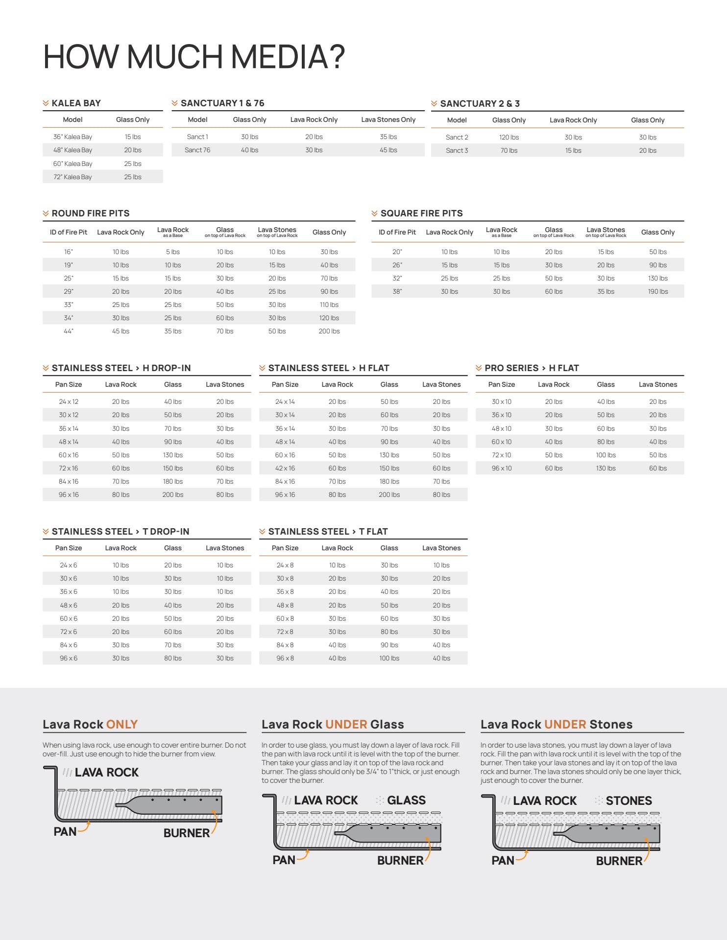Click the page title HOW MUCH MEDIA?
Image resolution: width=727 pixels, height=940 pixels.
pyautogui.click(x=194, y=57)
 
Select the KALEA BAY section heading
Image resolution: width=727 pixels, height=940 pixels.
pyautogui.click(x=76, y=103)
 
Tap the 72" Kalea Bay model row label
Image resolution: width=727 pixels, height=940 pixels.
pyautogui.click(x=73, y=177)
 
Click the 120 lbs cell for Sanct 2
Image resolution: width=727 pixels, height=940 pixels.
pyautogui.click(x=509, y=137)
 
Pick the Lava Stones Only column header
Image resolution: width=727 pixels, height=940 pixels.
pyautogui.click(x=388, y=119)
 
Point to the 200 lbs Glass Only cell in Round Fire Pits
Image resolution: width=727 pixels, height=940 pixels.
pyautogui.click(x=329, y=331)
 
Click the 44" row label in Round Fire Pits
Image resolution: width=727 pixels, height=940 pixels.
pyautogui.click(x=69, y=331)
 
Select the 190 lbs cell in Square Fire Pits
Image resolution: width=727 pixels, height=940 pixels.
pyautogui.click(x=657, y=291)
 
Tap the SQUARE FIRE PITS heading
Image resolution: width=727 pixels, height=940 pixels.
pyautogui.click(x=421, y=213)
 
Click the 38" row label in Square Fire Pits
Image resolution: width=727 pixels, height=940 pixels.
pyautogui.click(x=397, y=291)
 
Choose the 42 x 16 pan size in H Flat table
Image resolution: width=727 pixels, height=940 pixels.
pyautogui.click(x=285, y=468)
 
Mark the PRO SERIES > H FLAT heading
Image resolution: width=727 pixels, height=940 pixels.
pyautogui.click(x=532, y=368)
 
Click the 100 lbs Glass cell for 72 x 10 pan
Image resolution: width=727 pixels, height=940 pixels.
pyautogui.click(x=606, y=455)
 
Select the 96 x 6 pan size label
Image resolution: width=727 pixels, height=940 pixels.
pyautogui.click(x=69, y=658)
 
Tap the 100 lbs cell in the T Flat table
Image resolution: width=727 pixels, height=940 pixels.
pyautogui.click(x=389, y=658)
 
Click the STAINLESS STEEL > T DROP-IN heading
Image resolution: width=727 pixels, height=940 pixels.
pyautogui.click(x=120, y=532)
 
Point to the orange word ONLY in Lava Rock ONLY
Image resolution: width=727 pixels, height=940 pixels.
pyautogui.click(x=122, y=724)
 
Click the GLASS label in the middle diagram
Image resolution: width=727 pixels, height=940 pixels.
pyautogui.click(x=406, y=800)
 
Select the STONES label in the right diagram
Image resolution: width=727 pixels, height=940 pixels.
pyautogui.click(x=629, y=800)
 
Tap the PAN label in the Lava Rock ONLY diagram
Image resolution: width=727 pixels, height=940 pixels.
pyautogui.click(x=65, y=831)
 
